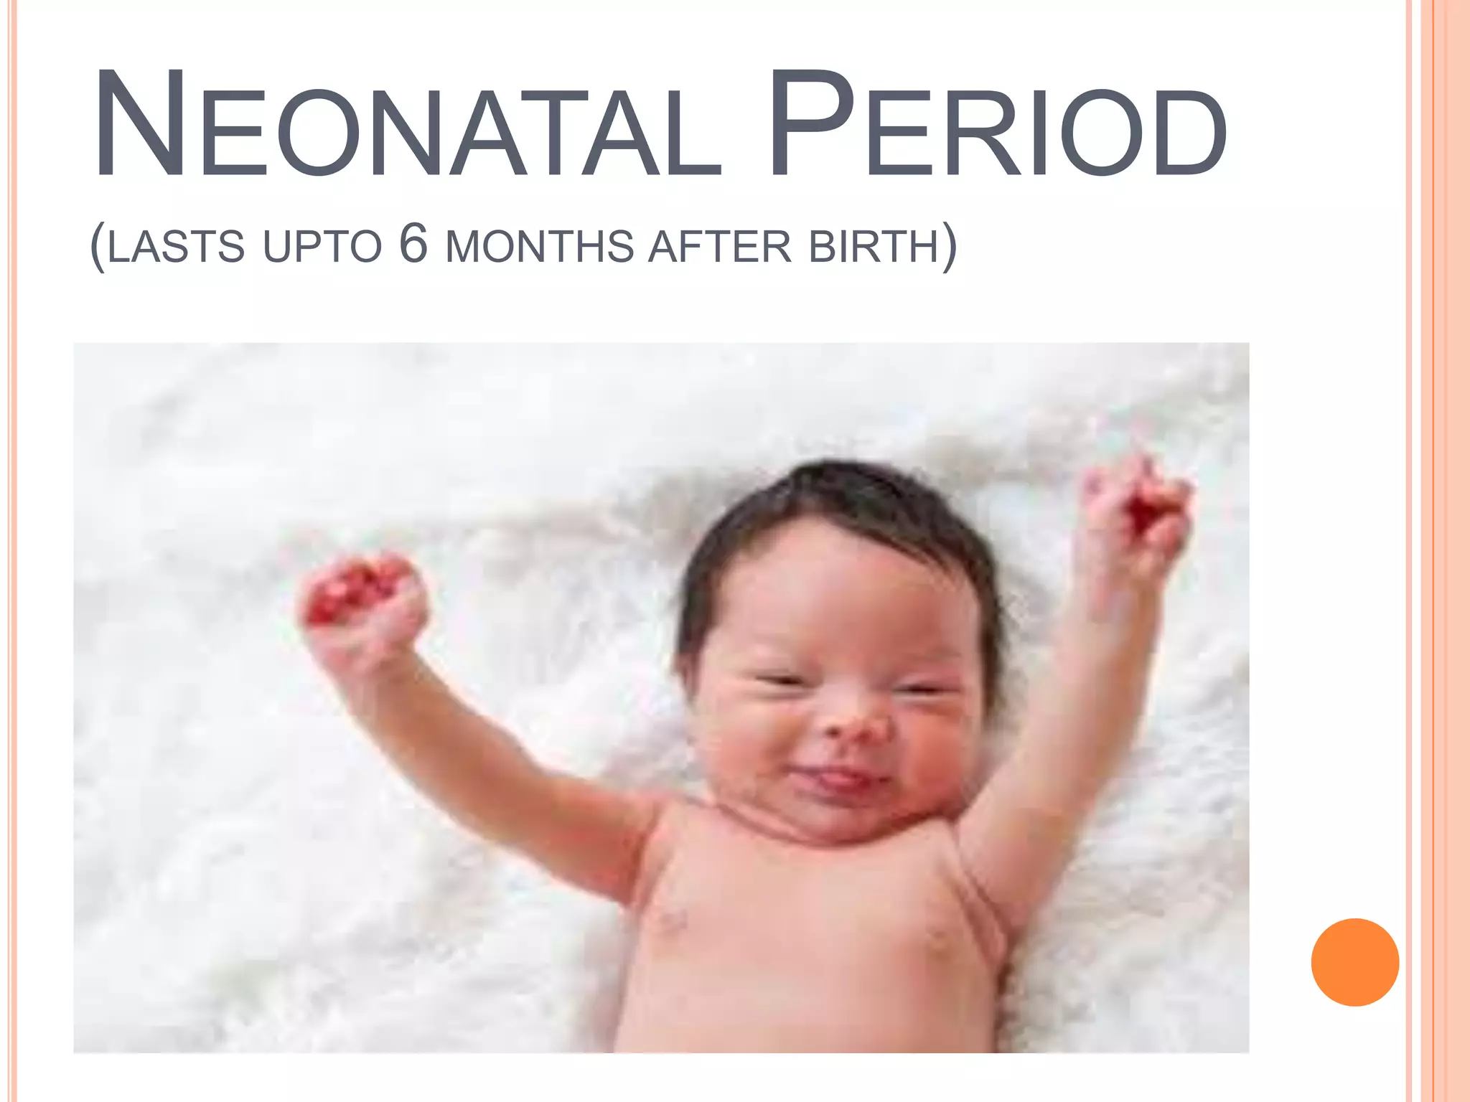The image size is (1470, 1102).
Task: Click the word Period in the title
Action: [x=998, y=126]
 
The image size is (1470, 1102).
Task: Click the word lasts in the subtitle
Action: [x=177, y=247]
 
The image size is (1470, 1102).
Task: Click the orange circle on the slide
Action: [x=1354, y=962]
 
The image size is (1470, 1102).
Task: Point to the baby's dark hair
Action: [x=840, y=502]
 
